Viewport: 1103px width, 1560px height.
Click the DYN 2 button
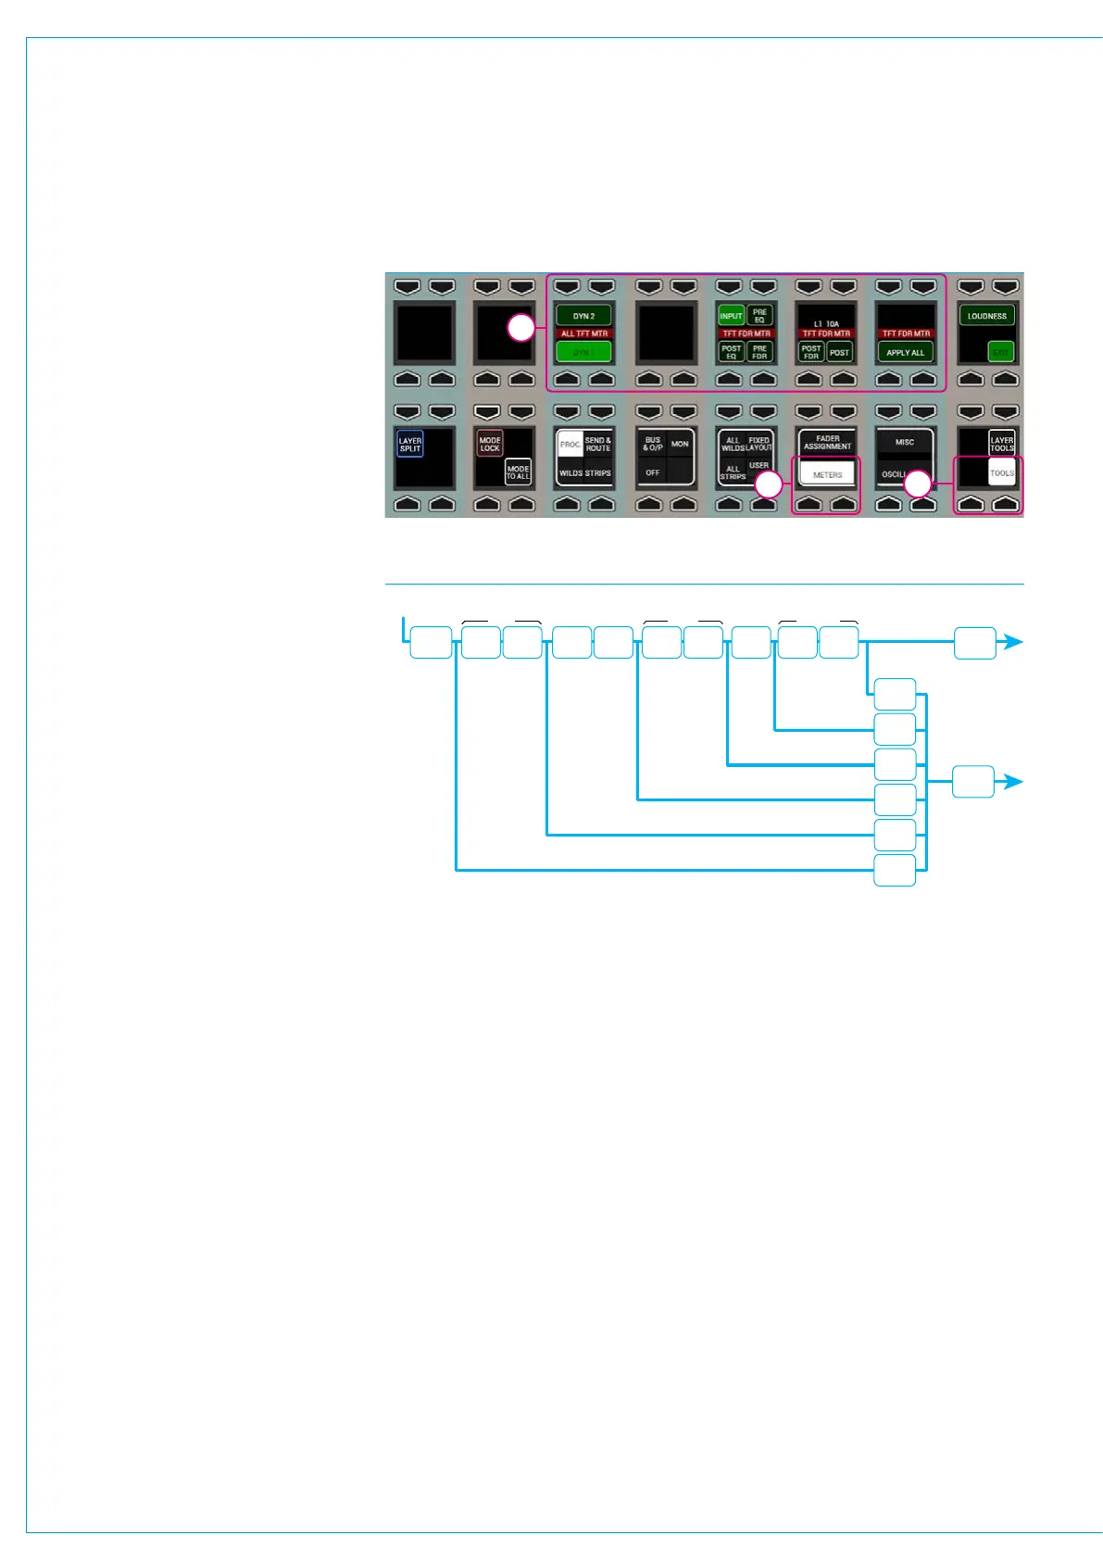[x=583, y=316]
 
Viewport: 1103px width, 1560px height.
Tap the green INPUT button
[x=731, y=316]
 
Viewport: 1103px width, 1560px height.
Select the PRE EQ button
[x=759, y=316]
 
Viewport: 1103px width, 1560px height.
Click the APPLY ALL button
[x=905, y=352]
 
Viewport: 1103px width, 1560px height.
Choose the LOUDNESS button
[x=986, y=316]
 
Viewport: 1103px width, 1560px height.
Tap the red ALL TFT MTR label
[x=584, y=333]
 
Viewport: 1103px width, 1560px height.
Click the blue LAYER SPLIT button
[x=409, y=445]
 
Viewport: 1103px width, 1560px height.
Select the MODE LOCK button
[x=490, y=444]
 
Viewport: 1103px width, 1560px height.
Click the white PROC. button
[x=570, y=444]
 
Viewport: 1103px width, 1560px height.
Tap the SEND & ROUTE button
[x=598, y=444]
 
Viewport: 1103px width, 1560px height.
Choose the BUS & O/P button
[x=653, y=444]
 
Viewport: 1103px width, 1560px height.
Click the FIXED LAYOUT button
[x=759, y=444]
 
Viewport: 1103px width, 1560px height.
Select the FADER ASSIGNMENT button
[x=827, y=442]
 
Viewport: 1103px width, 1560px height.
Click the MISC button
[x=905, y=442]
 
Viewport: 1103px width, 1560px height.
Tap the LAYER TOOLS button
[x=1002, y=444]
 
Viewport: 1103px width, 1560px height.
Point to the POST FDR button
[x=811, y=352]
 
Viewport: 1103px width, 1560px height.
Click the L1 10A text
[x=826, y=324]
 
